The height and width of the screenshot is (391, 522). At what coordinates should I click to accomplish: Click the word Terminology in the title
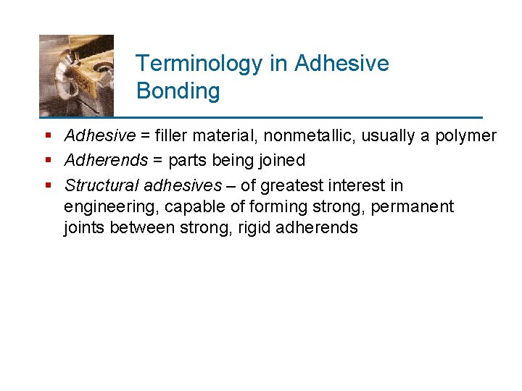200,64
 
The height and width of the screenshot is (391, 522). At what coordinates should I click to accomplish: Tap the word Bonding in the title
178,91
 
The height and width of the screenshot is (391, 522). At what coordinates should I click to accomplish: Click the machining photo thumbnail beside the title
76,75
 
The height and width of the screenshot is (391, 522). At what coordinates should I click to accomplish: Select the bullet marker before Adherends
47,160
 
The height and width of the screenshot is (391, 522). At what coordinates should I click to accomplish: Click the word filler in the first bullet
173,135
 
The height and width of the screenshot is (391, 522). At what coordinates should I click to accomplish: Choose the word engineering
111,207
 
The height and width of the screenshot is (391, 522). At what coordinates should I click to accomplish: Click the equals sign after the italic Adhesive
145,135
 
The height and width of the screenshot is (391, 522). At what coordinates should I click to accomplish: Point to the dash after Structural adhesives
231,186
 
